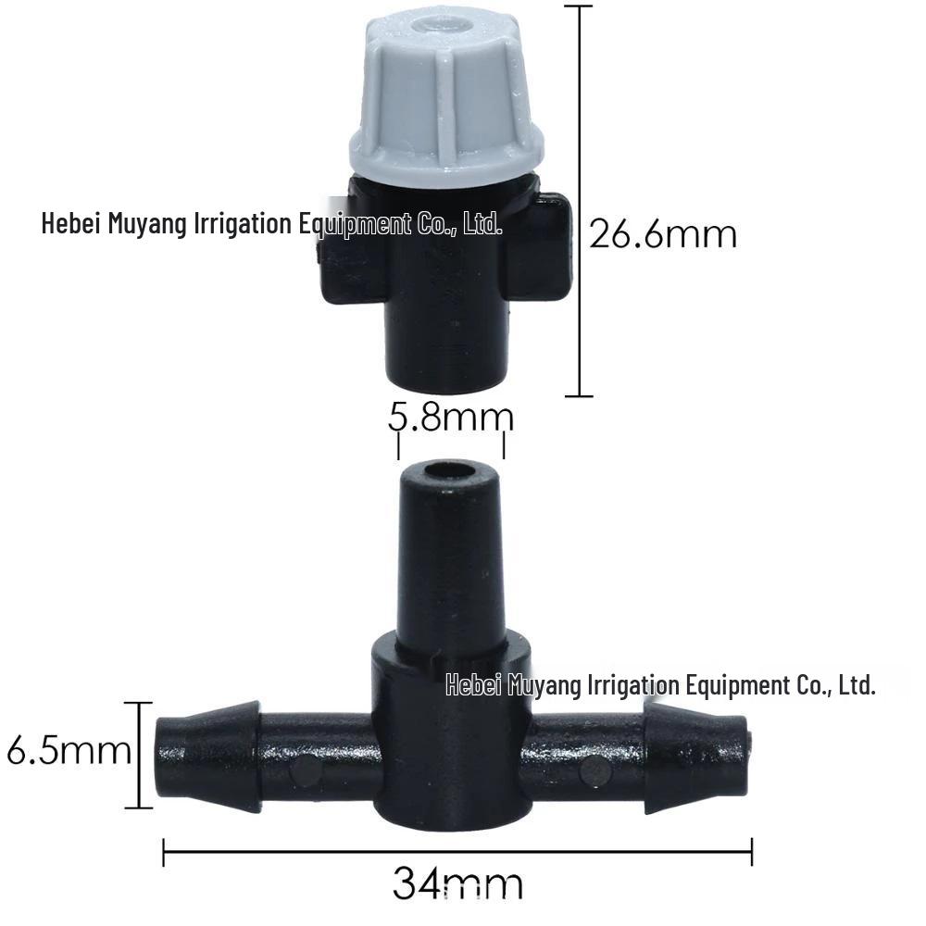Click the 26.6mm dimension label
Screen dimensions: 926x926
coord(663,234)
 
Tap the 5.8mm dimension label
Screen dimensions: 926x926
coord(450,418)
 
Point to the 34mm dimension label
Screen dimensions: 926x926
coord(457,882)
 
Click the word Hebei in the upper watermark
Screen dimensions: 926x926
coord(71,223)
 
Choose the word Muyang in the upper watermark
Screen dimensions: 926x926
coord(148,223)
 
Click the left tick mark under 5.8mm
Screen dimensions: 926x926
coord(398,446)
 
